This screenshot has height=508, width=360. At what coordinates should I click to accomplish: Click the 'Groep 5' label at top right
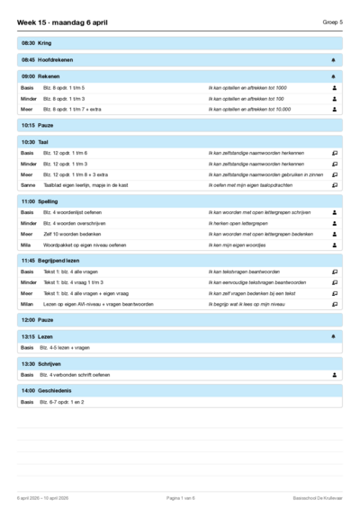point(333,22)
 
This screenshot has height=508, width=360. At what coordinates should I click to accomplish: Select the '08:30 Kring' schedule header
point(37,42)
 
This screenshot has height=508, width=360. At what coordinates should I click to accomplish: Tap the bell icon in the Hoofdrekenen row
point(334,59)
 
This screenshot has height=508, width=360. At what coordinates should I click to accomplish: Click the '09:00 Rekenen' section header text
point(40,76)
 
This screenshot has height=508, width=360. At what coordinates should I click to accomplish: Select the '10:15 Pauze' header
point(40,125)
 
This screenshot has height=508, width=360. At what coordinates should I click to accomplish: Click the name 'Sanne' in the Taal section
point(28,185)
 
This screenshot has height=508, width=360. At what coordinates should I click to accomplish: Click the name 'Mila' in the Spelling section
point(26,245)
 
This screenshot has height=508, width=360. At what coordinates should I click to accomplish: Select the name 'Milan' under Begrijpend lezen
point(27,304)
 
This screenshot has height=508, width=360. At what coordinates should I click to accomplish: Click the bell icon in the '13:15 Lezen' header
point(334,336)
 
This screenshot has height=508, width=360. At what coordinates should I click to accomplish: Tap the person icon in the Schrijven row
point(334,374)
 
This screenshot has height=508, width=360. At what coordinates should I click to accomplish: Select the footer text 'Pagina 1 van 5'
point(180,497)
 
